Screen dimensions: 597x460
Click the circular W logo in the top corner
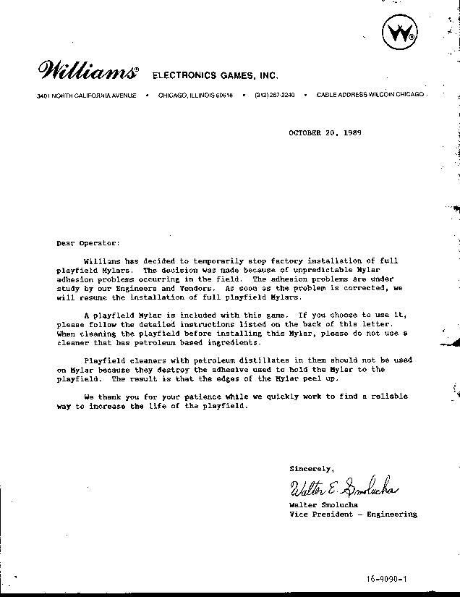coord(399,34)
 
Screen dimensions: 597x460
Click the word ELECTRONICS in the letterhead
coord(181,75)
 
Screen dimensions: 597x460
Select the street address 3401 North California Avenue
coord(86,96)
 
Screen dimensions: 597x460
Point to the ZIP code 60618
coord(223,96)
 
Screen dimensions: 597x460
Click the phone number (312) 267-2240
coord(274,96)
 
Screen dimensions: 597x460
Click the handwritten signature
coord(345,488)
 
